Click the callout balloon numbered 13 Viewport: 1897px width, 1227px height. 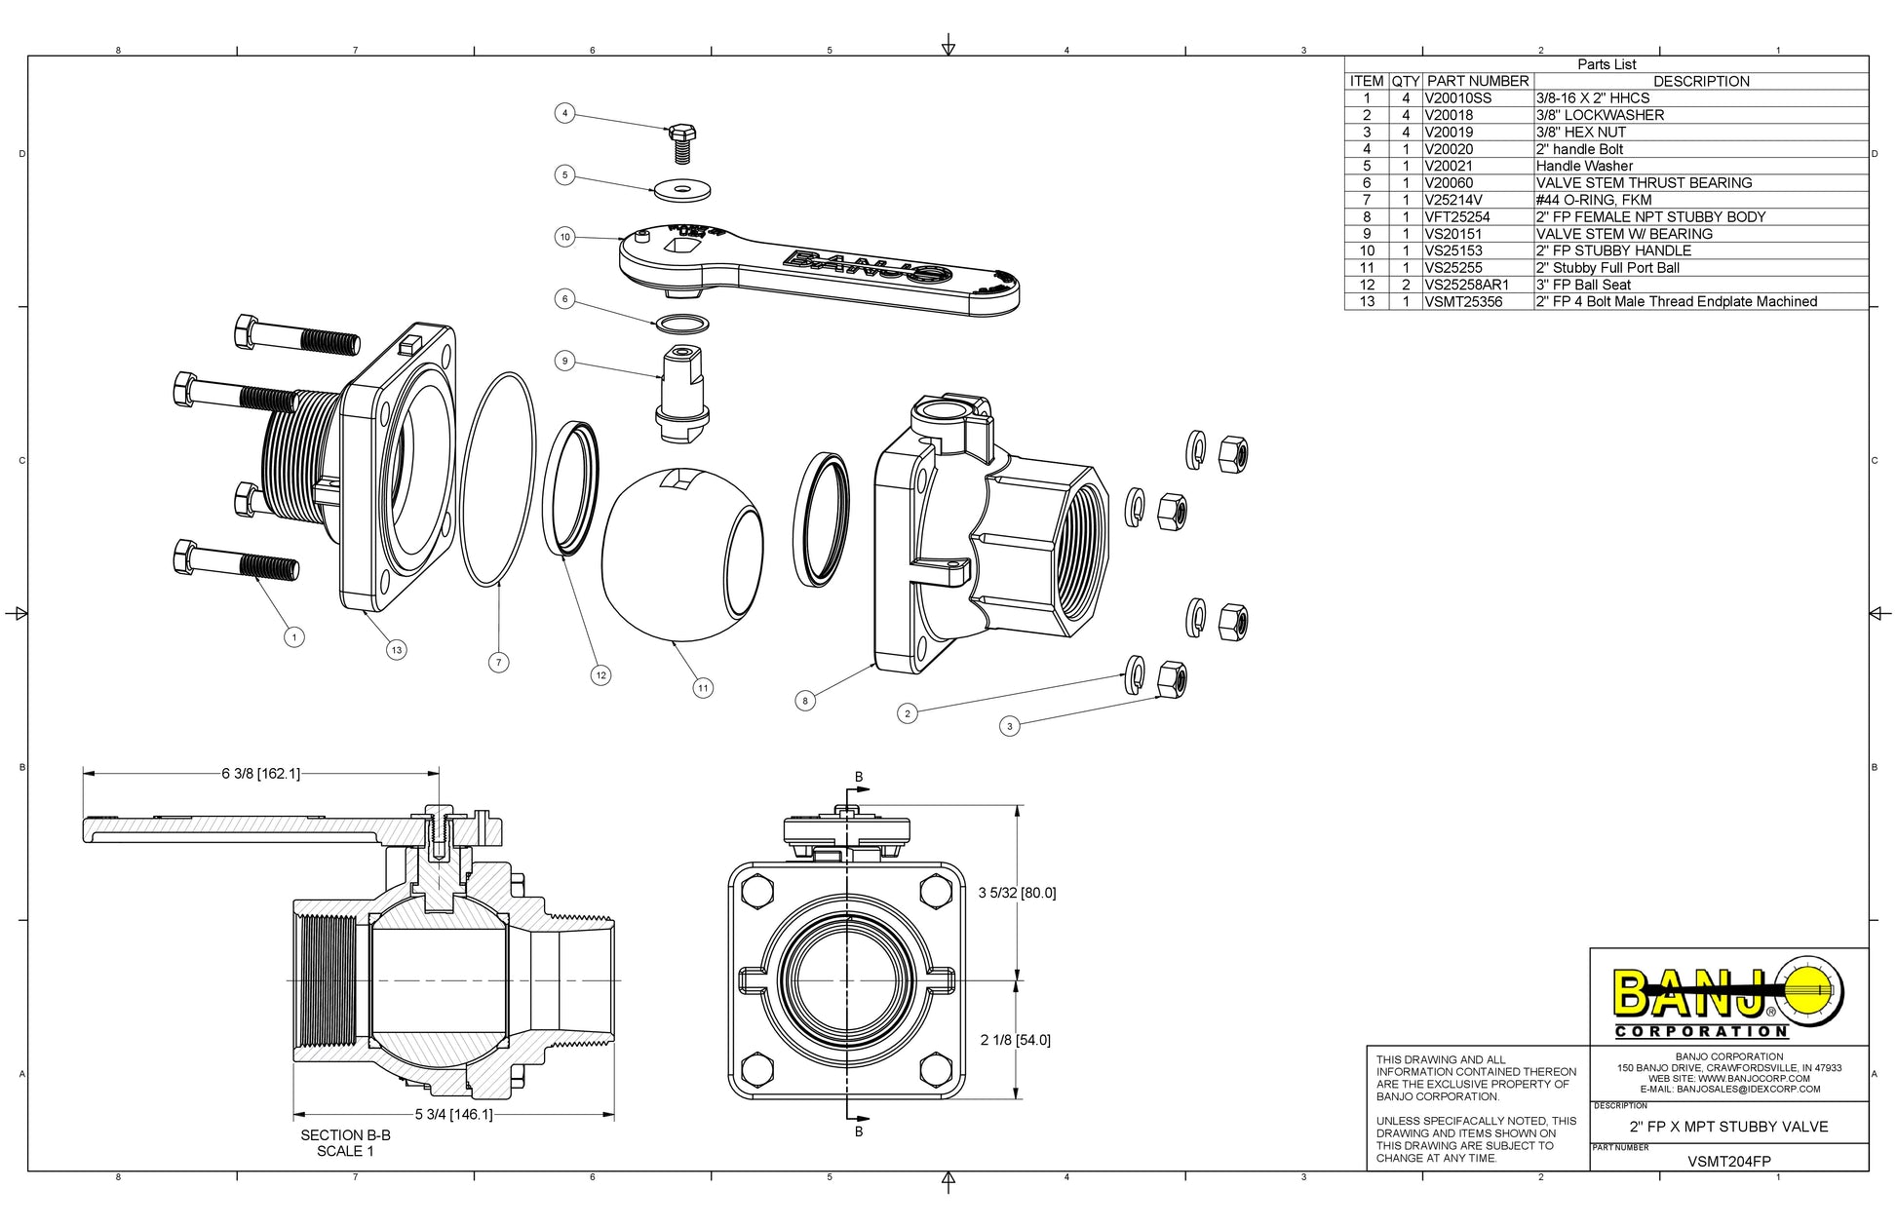(x=396, y=650)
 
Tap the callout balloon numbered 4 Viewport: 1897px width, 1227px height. (x=564, y=113)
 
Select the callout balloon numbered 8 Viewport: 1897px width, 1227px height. (x=804, y=700)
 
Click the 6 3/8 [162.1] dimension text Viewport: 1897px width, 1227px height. (x=260, y=774)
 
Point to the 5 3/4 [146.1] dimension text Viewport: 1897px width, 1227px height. (x=453, y=1114)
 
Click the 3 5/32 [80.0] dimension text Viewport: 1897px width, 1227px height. (x=1017, y=893)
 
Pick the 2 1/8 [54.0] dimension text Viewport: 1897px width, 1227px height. (x=1015, y=1040)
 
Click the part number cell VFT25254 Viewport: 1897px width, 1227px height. (x=1457, y=217)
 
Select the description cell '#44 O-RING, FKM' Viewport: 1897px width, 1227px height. (x=1594, y=200)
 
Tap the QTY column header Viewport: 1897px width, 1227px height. (x=1405, y=82)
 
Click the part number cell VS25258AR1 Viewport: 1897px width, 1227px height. (x=1466, y=285)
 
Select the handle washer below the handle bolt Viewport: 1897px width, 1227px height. (x=682, y=188)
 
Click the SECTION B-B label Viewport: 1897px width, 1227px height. (x=345, y=1135)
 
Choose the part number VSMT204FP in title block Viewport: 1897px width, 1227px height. (x=1729, y=1162)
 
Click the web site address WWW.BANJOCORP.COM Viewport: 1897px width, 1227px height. (x=1754, y=1079)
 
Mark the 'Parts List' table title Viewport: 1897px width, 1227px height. (x=1607, y=64)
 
